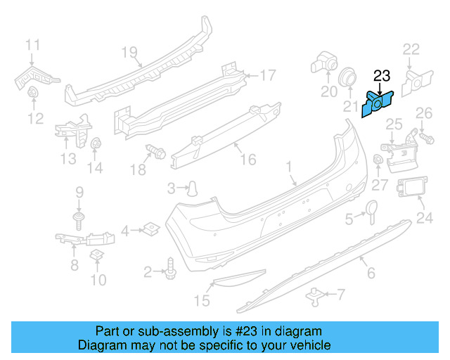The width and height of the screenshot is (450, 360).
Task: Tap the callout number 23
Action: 381,76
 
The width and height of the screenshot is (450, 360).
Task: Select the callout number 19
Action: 127,52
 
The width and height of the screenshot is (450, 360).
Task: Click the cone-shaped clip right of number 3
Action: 191,187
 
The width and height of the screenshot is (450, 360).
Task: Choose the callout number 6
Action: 371,272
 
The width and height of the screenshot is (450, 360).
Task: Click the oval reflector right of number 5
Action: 371,210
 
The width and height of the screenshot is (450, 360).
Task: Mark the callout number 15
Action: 202,302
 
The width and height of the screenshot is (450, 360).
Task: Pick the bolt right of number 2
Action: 171,268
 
